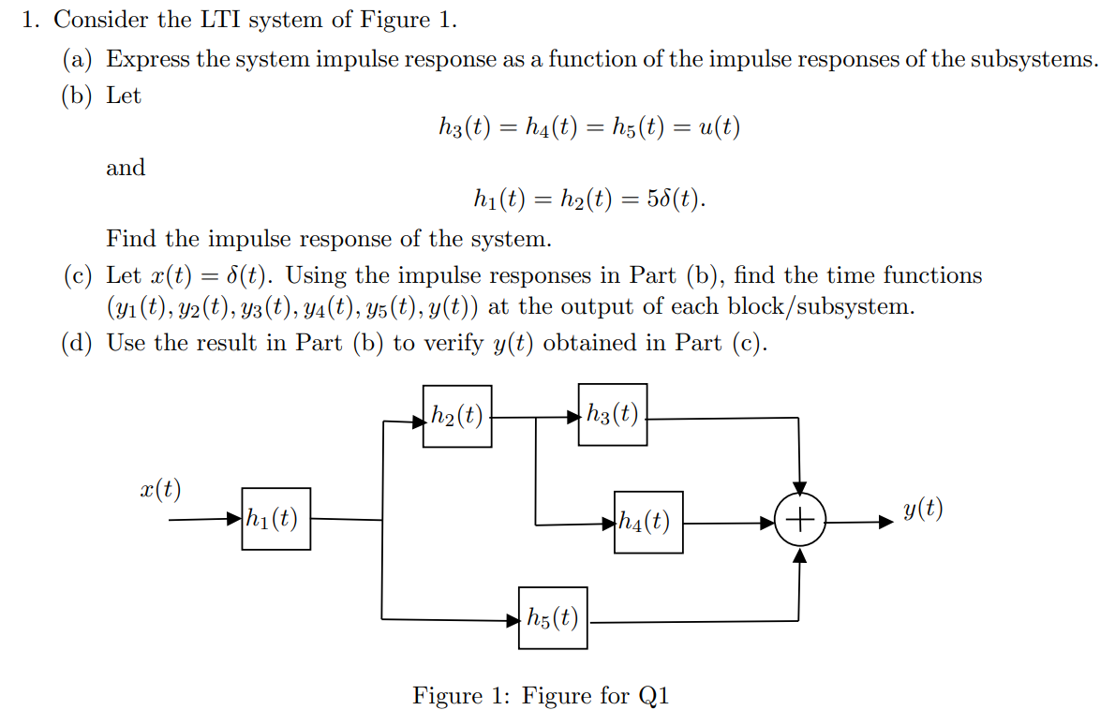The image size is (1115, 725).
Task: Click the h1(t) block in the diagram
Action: click(x=275, y=518)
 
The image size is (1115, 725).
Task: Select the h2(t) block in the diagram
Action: click(x=457, y=415)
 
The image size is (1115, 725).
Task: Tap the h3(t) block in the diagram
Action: click(x=613, y=414)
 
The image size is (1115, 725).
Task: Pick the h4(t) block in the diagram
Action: click(x=648, y=522)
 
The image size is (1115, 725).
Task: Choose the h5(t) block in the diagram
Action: click(x=553, y=618)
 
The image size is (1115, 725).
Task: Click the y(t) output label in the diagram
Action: click(x=923, y=510)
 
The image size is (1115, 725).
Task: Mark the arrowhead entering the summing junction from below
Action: click(x=799, y=555)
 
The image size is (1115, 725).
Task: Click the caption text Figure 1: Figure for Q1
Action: click(x=541, y=696)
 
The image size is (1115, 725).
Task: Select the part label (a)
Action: click(x=79, y=59)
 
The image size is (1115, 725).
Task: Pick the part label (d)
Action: click(x=79, y=343)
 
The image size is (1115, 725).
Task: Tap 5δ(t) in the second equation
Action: click(x=676, y=199)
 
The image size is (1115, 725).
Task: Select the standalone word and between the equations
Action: click(x=126, y=168)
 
